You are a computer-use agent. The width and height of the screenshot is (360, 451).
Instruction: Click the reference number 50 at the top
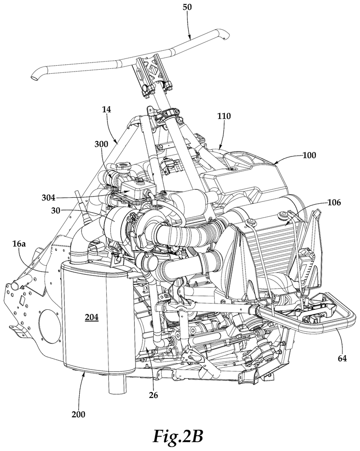[x=187, y=7]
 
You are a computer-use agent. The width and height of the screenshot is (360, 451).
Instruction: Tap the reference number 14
[x=106, y=110]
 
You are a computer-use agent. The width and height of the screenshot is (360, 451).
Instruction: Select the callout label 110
[x=224, y=116]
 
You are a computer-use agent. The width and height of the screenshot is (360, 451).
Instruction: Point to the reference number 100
[x=309, y=155]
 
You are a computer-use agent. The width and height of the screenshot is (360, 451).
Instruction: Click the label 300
[x=101, y=144]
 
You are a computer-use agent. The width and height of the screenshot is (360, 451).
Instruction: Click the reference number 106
[x=334, y=202]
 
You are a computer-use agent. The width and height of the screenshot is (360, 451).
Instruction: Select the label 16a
[x=19, y=244]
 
